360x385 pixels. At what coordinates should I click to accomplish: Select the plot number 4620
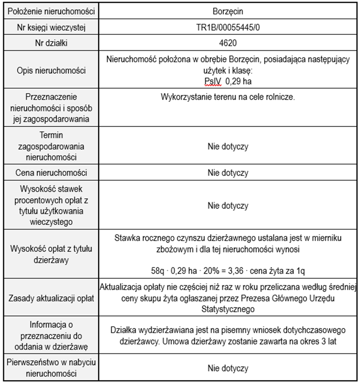[228, 43]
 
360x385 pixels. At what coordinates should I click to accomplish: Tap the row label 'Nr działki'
[51, 43]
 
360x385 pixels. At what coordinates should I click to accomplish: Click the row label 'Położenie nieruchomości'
[51, 11]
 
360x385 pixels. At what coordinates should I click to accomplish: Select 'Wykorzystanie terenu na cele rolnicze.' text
[228, 97]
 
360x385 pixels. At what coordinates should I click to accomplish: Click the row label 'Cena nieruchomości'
[51, 173]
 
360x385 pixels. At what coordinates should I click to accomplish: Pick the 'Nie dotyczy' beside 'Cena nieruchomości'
[228, 173]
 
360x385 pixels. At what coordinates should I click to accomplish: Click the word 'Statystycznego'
[228, 308]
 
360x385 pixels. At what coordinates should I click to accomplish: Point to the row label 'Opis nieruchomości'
[51, 70]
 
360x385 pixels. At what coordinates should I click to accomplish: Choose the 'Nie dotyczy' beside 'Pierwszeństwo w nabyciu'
[228, 369]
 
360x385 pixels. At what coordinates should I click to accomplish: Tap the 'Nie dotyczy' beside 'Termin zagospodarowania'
[228, 146]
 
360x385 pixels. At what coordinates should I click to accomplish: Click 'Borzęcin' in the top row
[228, 11]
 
